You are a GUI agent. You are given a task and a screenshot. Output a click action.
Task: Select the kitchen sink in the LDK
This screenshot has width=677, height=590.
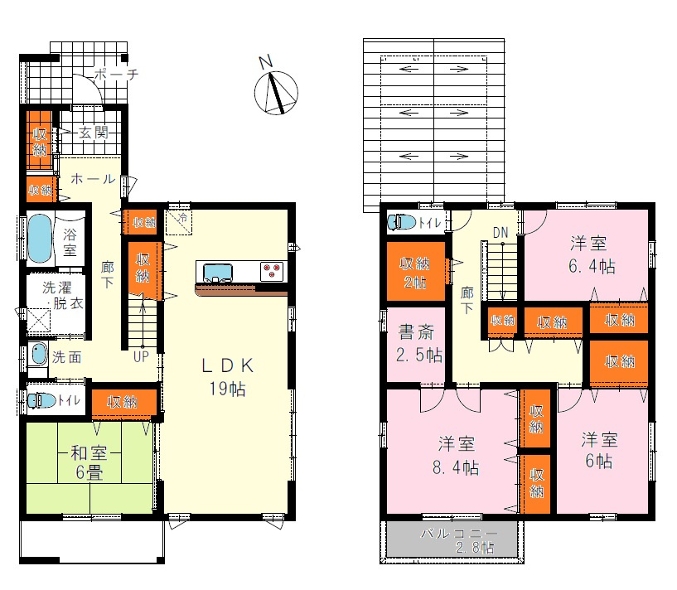218,272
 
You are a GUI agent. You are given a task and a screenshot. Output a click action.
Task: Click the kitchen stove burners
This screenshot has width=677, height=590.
272,268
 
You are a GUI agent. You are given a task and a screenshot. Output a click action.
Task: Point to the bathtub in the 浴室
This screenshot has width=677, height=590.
40,237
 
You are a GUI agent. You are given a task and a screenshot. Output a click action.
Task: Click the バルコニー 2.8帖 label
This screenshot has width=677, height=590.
458,540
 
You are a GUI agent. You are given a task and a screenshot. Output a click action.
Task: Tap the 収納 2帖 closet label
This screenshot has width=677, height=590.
415,273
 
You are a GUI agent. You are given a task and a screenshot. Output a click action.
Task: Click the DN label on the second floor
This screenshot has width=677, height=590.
500,234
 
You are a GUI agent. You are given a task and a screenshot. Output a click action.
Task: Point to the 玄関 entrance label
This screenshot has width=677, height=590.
94,133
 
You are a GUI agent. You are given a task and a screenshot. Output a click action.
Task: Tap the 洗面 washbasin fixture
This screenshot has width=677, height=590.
38,355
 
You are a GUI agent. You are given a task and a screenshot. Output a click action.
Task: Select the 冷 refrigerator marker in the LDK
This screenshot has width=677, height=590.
181,218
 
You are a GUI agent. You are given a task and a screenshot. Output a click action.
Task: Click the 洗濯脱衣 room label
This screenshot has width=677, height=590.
63,295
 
